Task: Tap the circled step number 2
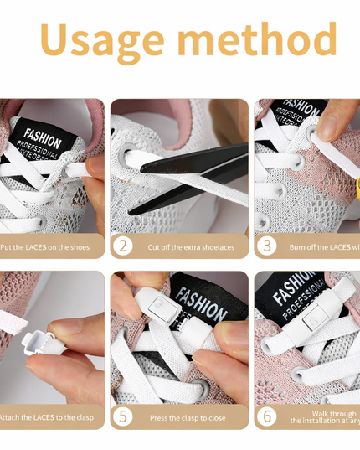tap(123, 246)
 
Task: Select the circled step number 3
tap(267, 246)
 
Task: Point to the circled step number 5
tap(123, 416)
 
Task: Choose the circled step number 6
tap(267, 416)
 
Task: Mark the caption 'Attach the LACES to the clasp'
tap(47, 416)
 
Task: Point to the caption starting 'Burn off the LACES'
tap(322, 247)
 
